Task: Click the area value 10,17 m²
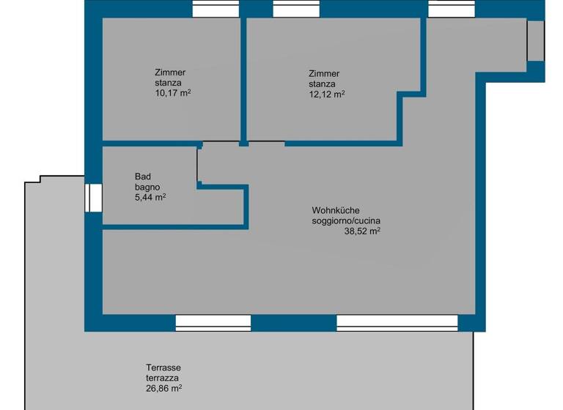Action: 172,93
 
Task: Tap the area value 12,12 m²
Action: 327,94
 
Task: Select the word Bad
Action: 143,176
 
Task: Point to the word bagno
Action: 147,187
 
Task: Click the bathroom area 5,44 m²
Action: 150,198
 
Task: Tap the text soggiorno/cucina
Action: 346,220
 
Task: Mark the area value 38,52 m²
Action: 362,231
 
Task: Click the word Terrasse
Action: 163,368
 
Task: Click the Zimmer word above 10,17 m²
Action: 170,72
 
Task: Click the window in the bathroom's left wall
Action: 93,198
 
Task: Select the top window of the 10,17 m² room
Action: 216,9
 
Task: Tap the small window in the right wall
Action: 536,40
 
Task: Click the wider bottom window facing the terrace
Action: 397,322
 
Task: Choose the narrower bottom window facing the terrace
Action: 213,322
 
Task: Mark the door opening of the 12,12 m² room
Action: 266,142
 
